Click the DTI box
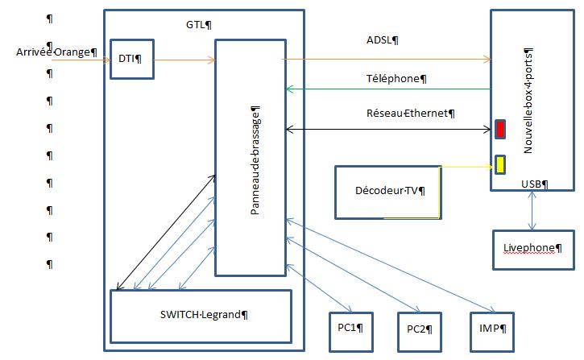coord(131,58)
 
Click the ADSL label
coord(383,39)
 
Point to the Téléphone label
coord(395,79)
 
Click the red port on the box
coord(500,129)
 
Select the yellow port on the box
coord(500,164)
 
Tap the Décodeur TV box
coord(388,192)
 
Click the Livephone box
coord(531,250)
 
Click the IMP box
coord(491,329)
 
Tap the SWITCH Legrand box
coord(201,315)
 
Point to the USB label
coord(534,184)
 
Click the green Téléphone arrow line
coord(387,89)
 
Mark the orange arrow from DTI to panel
coord(184,60)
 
